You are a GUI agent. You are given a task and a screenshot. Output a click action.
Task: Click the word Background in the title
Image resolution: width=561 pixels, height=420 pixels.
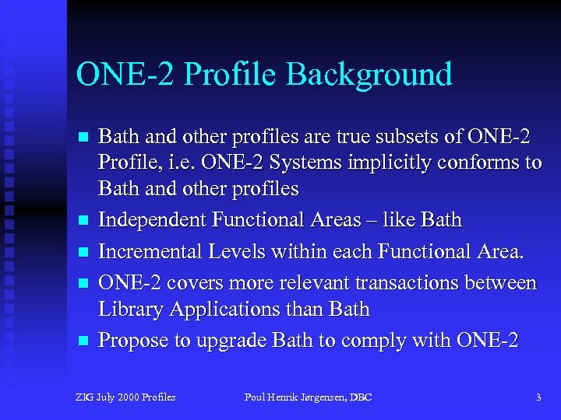(x=369, y=75)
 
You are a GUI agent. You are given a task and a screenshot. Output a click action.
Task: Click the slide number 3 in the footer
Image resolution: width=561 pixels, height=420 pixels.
(x=538, y=397)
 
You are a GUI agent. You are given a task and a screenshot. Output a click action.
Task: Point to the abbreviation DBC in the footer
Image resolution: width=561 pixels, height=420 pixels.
(x=360, y=397)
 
